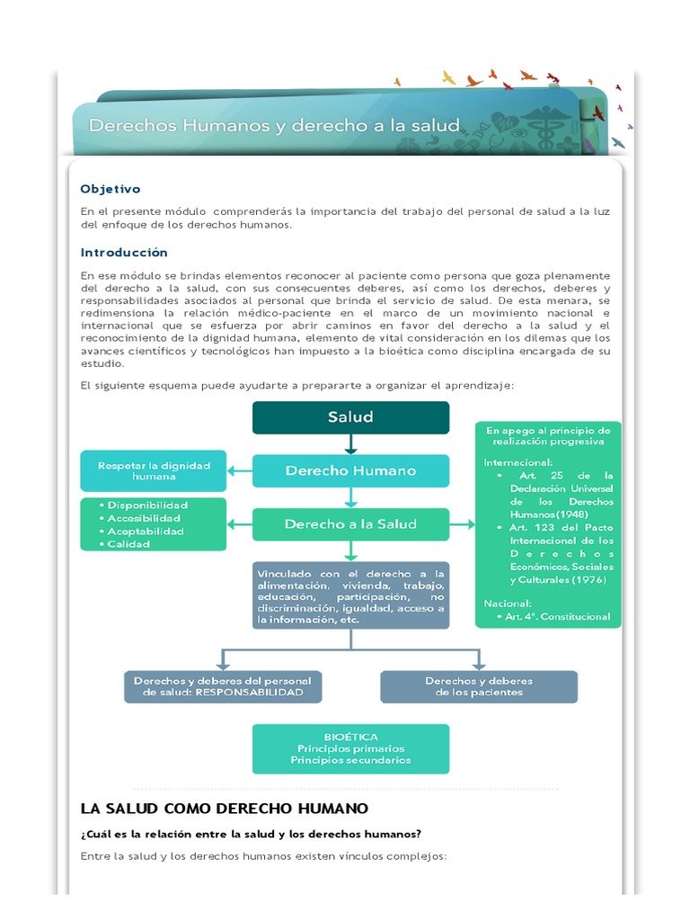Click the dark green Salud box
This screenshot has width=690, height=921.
[x=350, y=417]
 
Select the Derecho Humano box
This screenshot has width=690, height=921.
[x=350, y=470]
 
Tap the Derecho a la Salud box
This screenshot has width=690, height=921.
[x=350, y=523]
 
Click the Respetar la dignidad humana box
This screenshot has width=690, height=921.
[x=154, y=470]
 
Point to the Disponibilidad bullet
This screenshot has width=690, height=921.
[x=147, y=505]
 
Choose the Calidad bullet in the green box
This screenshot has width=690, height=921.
[x=131, y=544]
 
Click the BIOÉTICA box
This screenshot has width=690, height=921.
[x=350, y=748]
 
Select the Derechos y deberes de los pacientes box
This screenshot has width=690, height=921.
[x=479, y=686]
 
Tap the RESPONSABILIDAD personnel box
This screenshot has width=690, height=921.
[x=223, y=686]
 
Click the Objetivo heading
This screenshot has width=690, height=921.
[x=111, y=189]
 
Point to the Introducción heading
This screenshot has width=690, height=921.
[x=124, y=253]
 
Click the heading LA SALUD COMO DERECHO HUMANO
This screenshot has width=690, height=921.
[x=224, y=809]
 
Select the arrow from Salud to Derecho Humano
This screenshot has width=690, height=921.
[x=350, y=444]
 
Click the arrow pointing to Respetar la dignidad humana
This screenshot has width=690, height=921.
[x=239, y=470]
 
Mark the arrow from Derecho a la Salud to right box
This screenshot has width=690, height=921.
[x=462, y=523]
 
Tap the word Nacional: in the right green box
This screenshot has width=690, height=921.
[x=508, y=603]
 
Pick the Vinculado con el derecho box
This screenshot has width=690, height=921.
[x=350, y=595]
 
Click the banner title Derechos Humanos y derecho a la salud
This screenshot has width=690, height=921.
[x=274, y=125]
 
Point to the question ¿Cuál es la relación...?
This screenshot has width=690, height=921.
[x=252, y=833]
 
